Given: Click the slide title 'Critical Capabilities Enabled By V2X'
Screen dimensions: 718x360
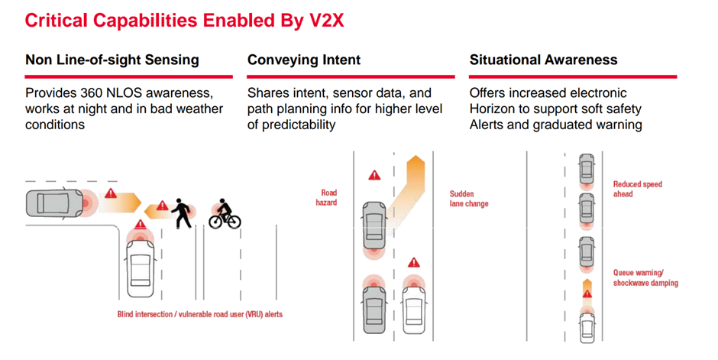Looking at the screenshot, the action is tap(184, 21).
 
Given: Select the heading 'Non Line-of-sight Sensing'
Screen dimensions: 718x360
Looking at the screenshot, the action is tap(112, 60).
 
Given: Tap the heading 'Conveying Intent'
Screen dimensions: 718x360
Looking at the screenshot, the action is tap(304, 60).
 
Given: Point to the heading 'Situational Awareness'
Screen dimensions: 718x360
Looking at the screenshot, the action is tap(544, 60).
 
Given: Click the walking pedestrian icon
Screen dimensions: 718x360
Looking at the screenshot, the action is tap(182, 213).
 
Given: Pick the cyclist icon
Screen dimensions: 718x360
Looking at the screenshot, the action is tap(225, 214).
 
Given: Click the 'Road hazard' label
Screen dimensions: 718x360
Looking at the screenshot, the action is tap(326, 197).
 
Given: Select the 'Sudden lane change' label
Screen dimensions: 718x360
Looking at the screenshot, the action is tap(469, 199).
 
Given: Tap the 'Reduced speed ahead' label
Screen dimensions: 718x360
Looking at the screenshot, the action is tap(637, 189).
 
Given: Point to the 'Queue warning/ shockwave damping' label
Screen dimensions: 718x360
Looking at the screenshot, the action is tap(645, 278).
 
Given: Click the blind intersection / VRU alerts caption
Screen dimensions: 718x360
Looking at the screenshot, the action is tap(200, 314).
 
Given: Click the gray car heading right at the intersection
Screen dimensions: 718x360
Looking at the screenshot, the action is tap(54, 203).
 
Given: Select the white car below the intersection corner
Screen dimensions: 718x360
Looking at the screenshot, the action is tap(140, 264).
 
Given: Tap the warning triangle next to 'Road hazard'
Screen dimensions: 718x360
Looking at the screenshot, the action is tap(374, 175).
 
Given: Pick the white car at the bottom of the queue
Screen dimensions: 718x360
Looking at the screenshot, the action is tap(587, 327).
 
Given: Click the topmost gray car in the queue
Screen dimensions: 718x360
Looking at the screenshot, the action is tap(587, 168).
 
